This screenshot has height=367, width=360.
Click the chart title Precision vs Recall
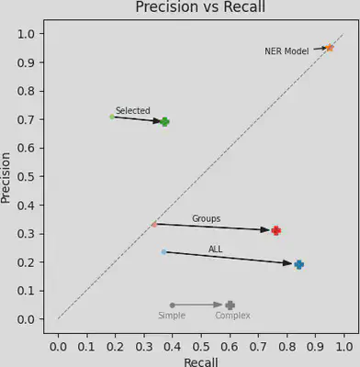(200, 8)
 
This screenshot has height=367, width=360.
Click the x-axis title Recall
(200, 361)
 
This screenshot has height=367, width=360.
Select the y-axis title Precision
(7, 177)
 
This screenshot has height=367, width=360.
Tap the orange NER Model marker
(330, 48)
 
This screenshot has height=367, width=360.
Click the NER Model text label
(287, 51)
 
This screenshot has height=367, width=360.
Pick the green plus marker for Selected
(165, 121)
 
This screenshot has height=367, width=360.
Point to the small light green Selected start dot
(112, 117)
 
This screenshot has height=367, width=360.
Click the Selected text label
(132, 111)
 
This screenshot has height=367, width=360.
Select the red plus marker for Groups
(276, 230)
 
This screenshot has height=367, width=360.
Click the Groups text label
(206, 219)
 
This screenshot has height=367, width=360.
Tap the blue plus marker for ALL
(298, 264)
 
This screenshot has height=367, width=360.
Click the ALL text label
(215, 250)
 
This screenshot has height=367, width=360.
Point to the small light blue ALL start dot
(163, 251)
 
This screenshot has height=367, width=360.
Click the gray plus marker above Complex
(230, 305)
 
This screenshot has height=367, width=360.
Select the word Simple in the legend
(172, 316)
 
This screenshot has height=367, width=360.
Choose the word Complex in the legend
(232, 316)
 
